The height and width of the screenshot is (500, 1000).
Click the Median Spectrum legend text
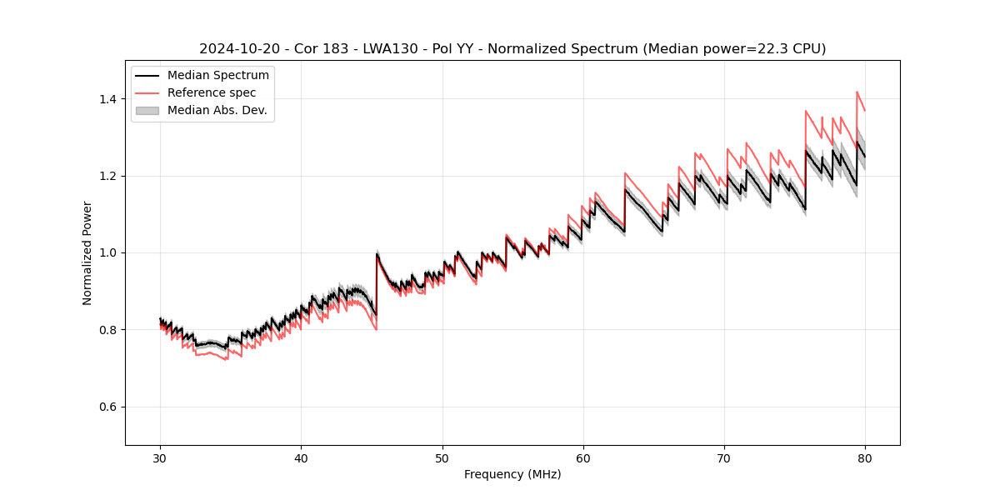(217, 76)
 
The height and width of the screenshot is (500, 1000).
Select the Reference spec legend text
(212, 92)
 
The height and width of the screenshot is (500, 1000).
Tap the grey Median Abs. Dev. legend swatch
(147, 110)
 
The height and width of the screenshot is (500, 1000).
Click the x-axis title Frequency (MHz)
(512, 474)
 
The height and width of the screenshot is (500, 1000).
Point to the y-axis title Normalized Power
(87, 252)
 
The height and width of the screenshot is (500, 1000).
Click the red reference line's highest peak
(857, 92)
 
